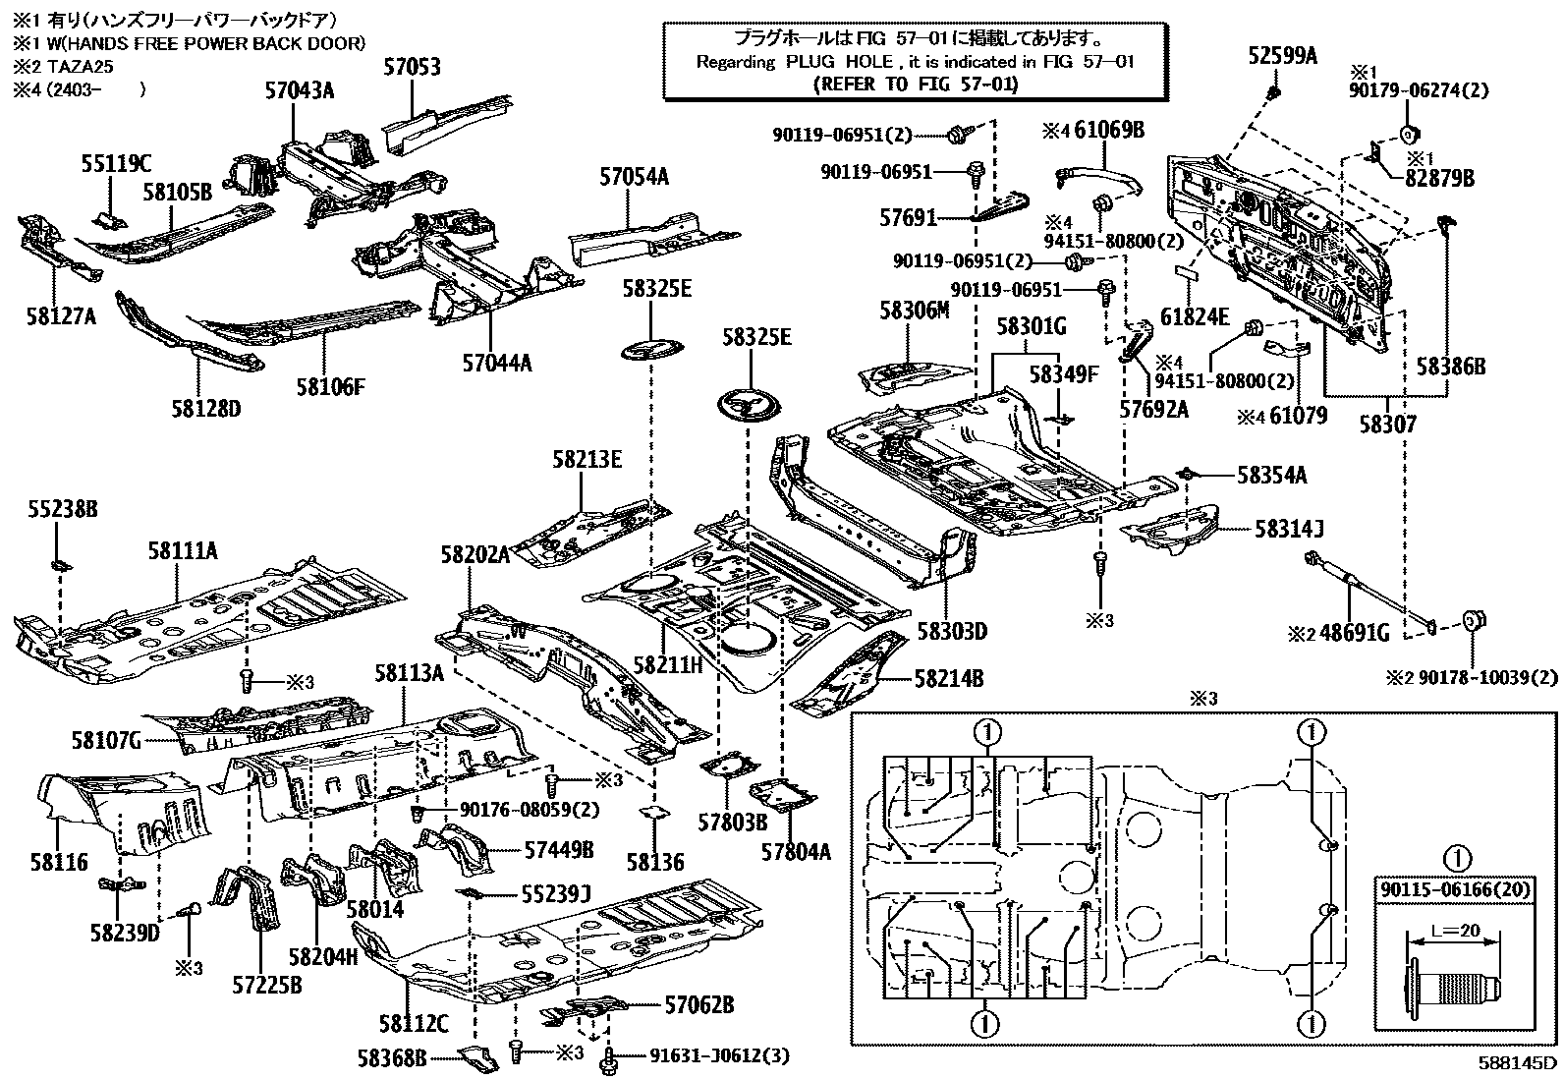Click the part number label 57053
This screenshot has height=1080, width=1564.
pyautogui.click(x=412, y=68)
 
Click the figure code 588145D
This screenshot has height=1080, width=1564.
pyautogui.click(x=1519, y=1063)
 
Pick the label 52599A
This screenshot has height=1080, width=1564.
pyautogui.click(x=1282, y=56)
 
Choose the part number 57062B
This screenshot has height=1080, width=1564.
pyautogui.click(x=698, y=1005)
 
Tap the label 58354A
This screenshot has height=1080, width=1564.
pyautogui.click(x=1272, y=476)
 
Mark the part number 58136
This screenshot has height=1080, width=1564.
pyautogui.click(x=655, y=862)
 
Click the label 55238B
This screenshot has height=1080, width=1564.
pyautogui.click(x=62, y=510)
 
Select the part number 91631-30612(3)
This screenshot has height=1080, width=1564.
pyautogui.click(x=720, y=1056)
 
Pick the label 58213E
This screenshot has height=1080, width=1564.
pyautogui.click(x=586, y=459)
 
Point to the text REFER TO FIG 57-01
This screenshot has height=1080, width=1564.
pyautogui.click(x=915, y=84)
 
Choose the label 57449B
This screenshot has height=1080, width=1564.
pyautogui.click(x=559, y=848)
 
